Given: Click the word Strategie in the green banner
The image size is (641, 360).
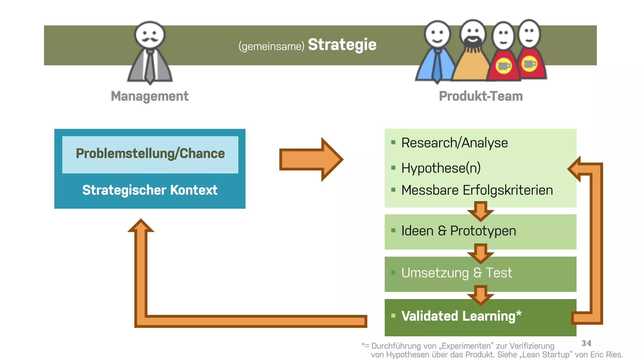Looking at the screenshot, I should tap(342, 45).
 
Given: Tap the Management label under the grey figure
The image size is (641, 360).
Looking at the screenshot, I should tap(150, 96).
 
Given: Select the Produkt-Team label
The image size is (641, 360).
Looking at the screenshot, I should tap(480, 96).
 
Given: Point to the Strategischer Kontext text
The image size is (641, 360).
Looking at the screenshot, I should tap(150, 190).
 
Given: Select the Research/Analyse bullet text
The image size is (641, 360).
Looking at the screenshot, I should tap(454, 143).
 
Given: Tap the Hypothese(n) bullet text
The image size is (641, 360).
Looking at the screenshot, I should tap(441, 168).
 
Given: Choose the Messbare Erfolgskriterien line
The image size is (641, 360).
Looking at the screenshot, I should tap(477, 190).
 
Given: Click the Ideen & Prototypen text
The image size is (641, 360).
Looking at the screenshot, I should tap(458, 231).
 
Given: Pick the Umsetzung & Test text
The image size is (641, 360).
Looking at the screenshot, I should tap(456, 273).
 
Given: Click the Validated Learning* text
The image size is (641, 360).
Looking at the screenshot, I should tap(461, 316).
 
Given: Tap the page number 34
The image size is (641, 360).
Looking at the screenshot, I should tap(586, 343).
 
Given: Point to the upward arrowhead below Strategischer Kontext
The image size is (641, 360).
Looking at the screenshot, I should tap(141, 226).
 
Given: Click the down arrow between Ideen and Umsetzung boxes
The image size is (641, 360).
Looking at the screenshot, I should tap(480, 253).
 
